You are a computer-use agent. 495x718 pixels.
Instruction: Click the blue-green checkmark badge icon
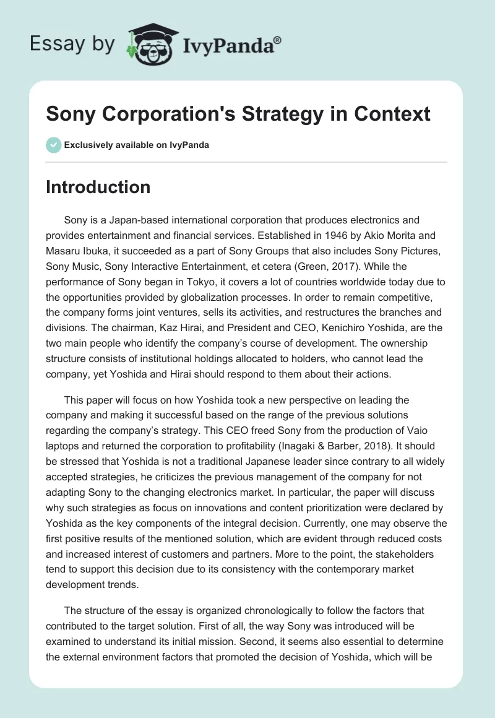53,145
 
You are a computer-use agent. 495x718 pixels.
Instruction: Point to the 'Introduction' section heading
98,188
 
